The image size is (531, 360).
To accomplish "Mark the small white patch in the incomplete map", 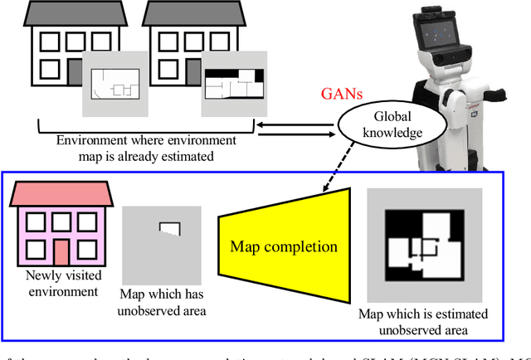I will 171,227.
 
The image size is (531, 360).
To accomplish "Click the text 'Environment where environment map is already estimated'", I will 145,147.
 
